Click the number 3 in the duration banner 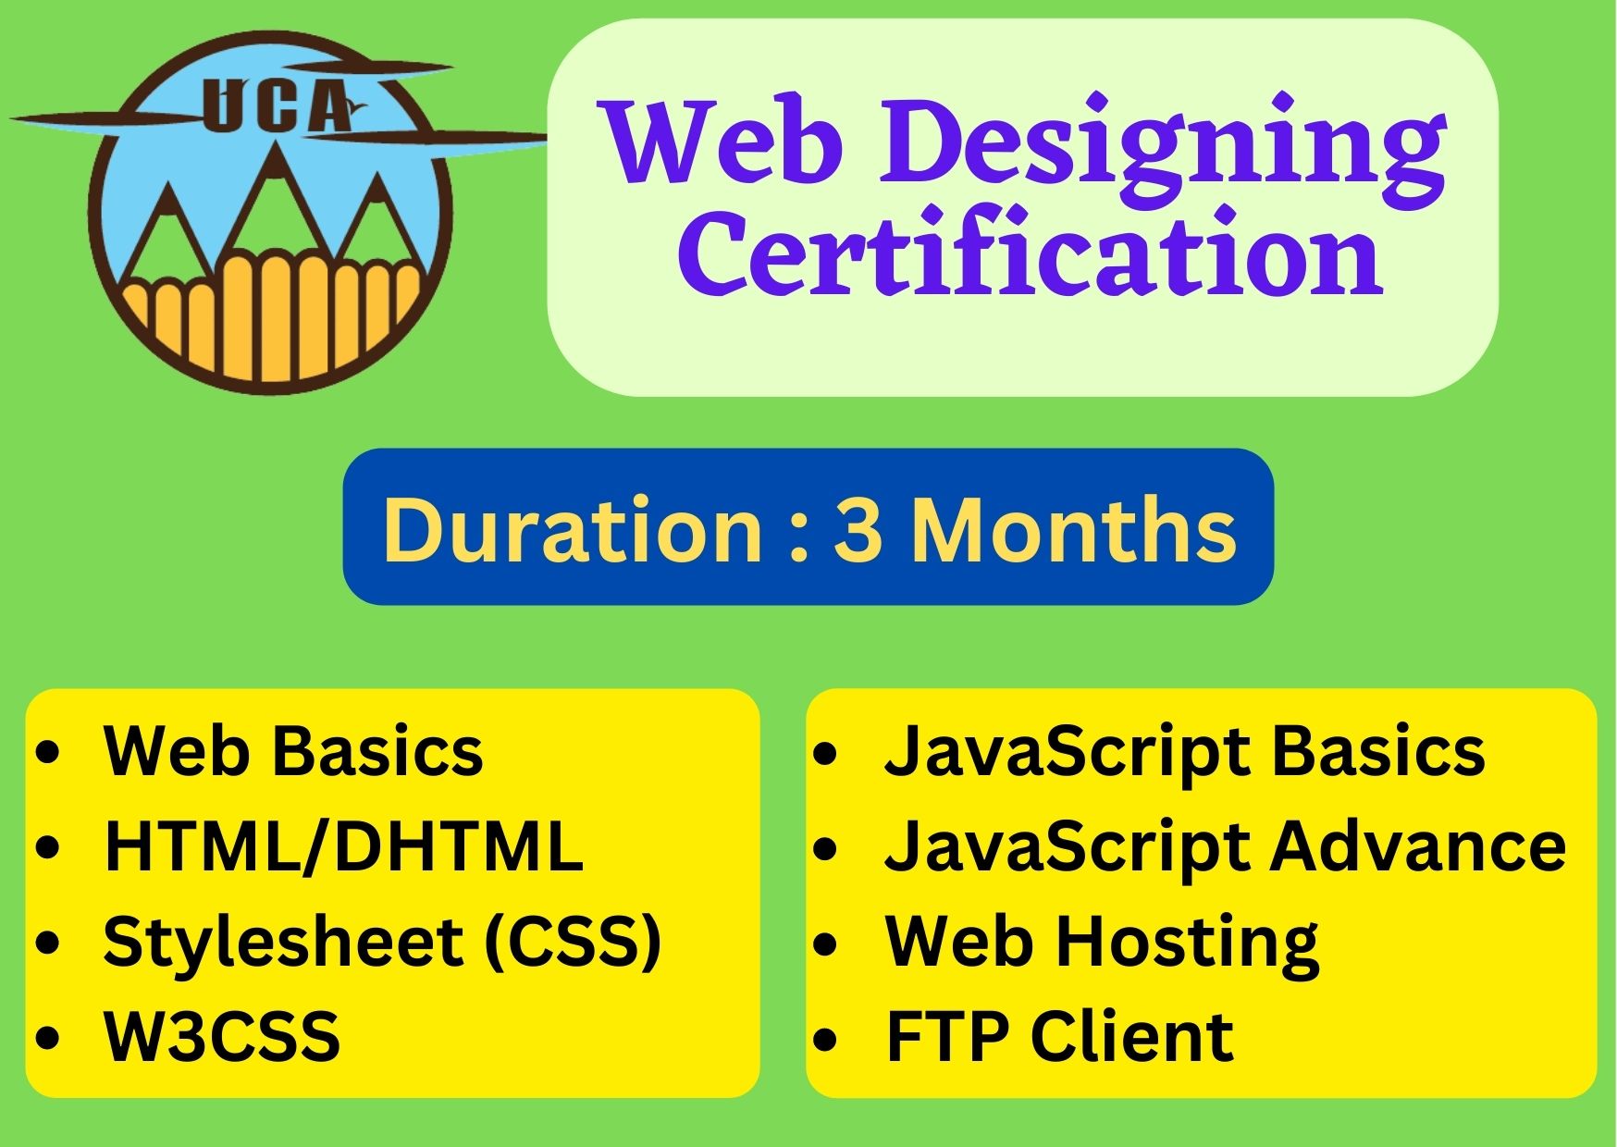point(858,530)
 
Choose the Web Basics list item point(293,750)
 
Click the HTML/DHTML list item point(343,845)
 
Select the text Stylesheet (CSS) point(382,942)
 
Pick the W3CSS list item point(222,1036)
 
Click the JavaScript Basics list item point(1185,751)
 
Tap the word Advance point(1418,845)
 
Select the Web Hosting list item point(1102,942)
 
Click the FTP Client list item point(1059,1036)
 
